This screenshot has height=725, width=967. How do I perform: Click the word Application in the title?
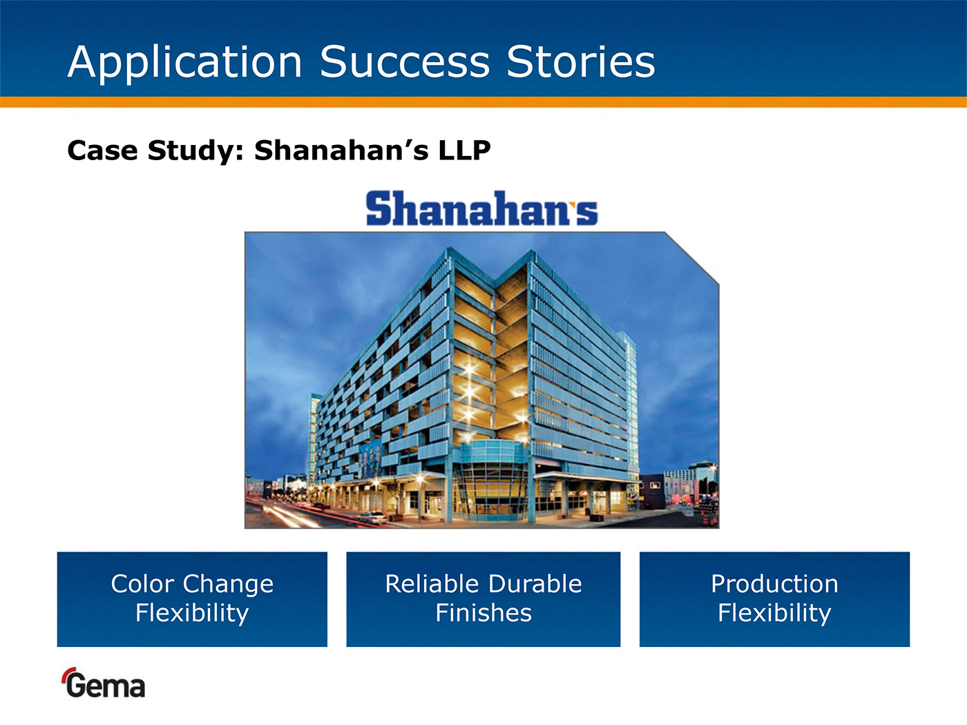[185, 62]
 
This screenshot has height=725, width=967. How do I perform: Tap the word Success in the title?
[405, 61]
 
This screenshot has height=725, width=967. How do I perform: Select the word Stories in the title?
[581, 61]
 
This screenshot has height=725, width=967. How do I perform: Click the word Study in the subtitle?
[195, 151]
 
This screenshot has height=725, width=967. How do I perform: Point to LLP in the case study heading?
[464, 150]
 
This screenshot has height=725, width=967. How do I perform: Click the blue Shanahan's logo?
[482, 208]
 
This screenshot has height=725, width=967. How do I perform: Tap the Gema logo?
[103, 682]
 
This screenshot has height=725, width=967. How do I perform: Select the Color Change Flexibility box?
[192, 599]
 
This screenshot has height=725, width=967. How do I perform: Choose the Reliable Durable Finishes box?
[483, 599]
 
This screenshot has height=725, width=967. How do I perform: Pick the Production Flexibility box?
[774, 599]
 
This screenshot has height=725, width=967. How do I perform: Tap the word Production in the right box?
[774, 583]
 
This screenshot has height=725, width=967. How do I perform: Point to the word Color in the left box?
[143, 583]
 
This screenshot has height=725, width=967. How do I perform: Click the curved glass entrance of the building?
[492, 479]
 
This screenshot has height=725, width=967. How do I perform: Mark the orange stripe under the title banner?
[483, 101]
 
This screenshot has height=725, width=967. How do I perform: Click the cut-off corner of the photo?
[692, 258]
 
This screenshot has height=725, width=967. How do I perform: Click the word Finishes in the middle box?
[483, 612]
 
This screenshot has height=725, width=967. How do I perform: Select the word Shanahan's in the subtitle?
[341, 150]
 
